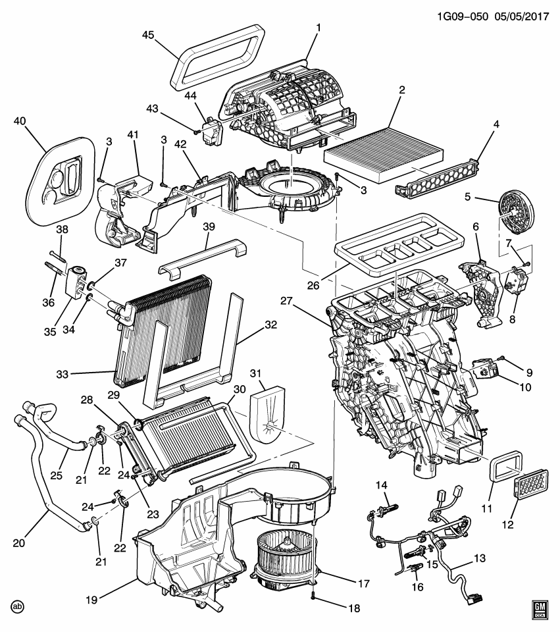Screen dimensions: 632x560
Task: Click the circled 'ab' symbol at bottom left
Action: [18, 606]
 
